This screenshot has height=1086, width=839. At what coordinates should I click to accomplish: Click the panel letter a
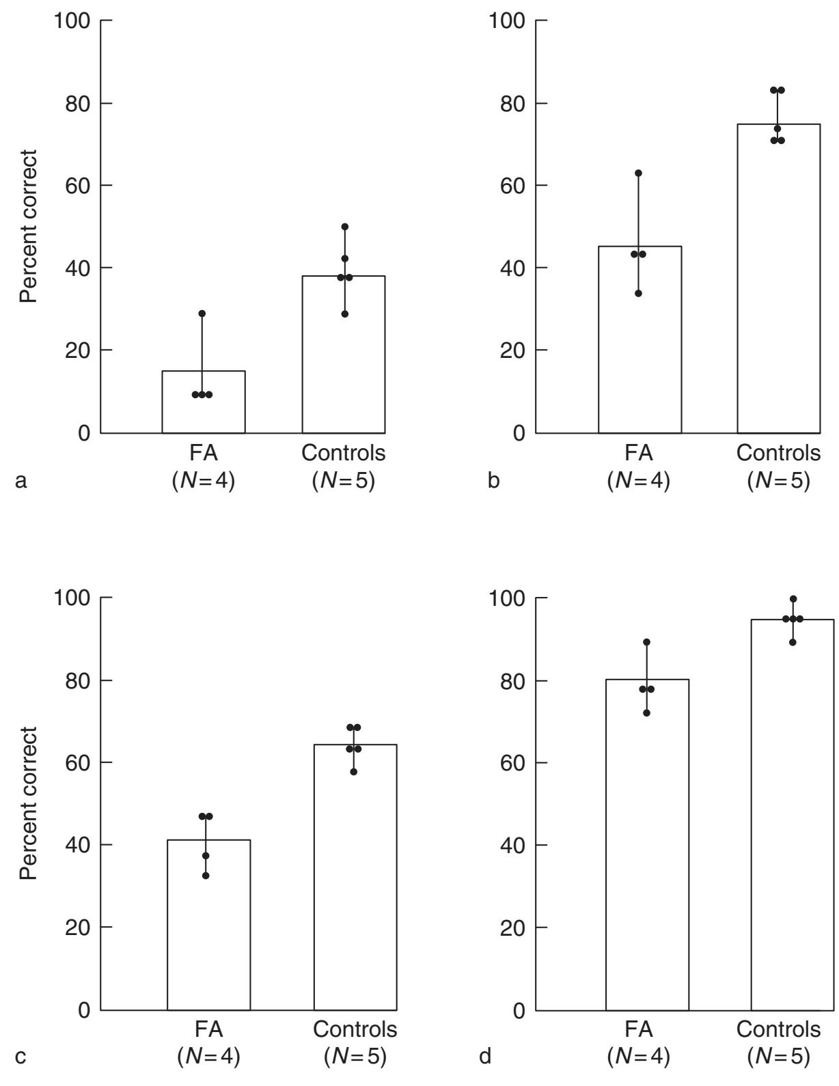pos(21,481)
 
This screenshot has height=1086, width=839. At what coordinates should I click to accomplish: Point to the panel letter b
pos(493,481)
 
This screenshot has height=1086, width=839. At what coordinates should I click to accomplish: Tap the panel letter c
pos(21,1057)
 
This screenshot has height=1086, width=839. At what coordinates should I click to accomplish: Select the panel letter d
pos(485,1057)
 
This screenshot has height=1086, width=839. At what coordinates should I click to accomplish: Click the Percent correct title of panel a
pos(28,226)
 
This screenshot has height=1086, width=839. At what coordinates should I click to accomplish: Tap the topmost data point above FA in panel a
pos(202,314)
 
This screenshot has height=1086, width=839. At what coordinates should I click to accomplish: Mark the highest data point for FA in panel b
pos(639,173)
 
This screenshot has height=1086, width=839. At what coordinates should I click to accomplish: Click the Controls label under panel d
pos(778,1029)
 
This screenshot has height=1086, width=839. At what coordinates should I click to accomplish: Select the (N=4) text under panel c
pos(208,1057)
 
